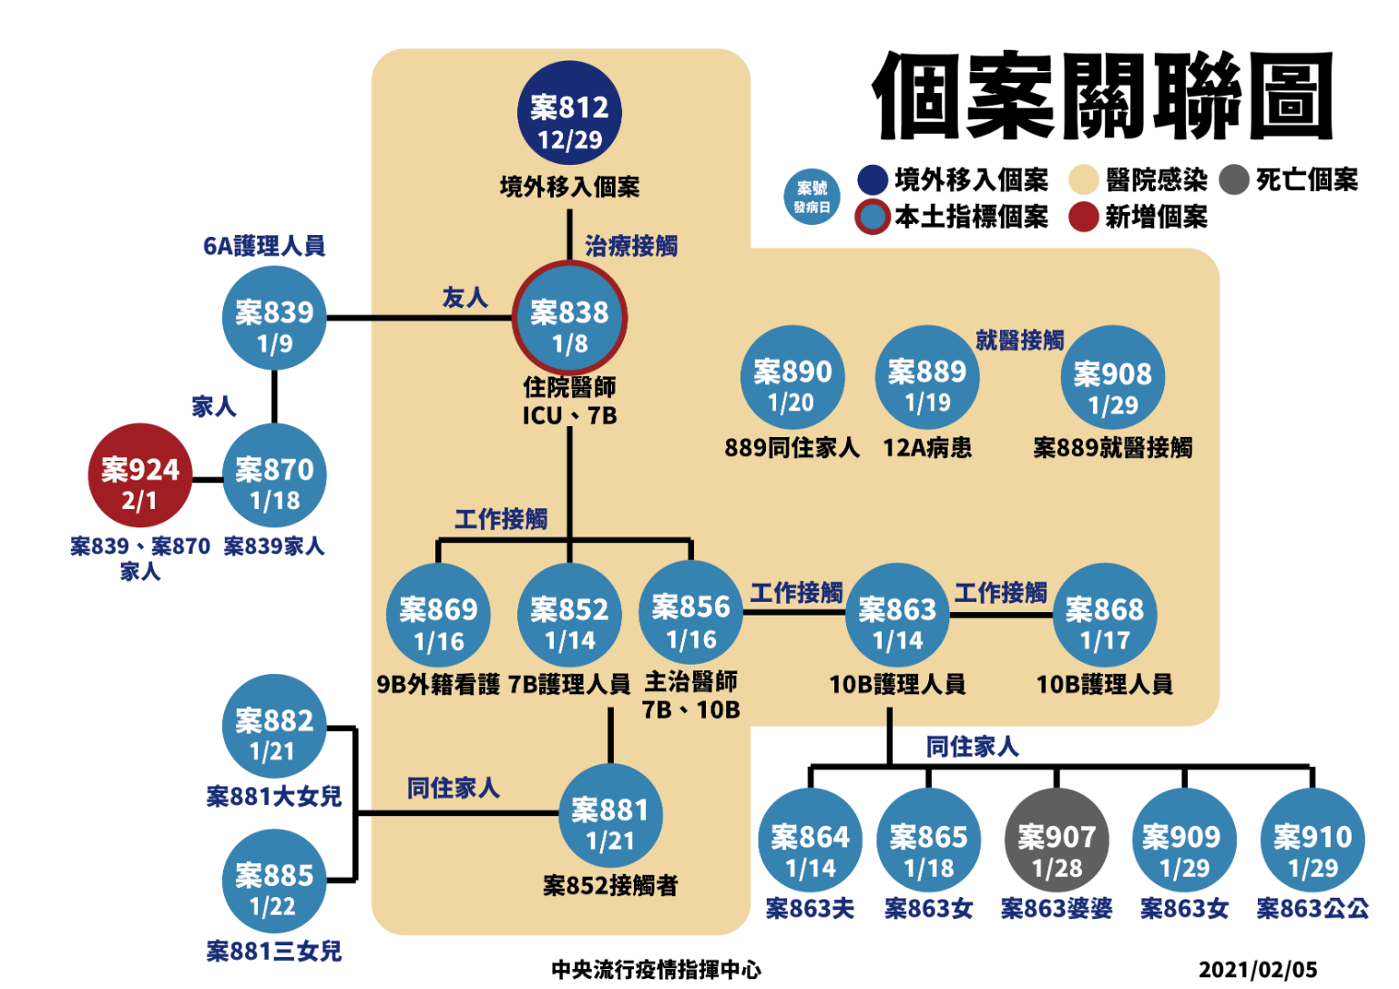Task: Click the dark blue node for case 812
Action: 569,113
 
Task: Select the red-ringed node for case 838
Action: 569,318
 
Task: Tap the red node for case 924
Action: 140,475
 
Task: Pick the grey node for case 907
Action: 1057,841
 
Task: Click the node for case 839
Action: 274,318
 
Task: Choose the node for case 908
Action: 1112,378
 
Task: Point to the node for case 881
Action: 609,815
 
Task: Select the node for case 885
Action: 274,881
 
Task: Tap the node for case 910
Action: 1312,841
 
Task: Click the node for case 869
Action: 438,615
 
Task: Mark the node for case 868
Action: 1104,615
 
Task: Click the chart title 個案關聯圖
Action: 1102,96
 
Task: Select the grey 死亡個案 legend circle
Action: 1234,180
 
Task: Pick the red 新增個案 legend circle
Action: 1083,217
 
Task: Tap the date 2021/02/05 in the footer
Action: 1257,970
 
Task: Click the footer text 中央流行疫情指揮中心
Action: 656,970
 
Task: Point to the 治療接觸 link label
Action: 630,246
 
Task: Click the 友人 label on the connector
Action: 465,298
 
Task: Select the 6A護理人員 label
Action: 264,246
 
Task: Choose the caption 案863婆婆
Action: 1057,908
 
